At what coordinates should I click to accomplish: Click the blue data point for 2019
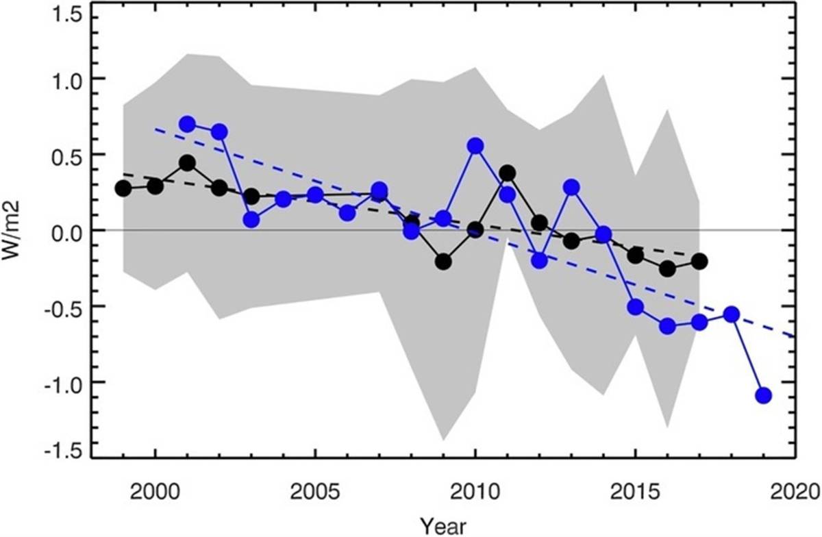coord(764,395)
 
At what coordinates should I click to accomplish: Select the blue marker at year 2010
coord(475,146)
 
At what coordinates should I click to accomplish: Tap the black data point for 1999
coord(123,188)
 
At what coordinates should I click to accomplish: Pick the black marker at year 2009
coord(443,261)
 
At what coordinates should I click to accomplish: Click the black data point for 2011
coord(508,173)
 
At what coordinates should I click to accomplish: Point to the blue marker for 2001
coord(188,124)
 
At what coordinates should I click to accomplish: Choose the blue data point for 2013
coord(571,188)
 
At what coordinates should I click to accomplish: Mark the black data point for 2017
coord(699,261)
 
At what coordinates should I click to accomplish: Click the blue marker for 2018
coord(732,314)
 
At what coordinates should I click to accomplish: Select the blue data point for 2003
coord(251,220)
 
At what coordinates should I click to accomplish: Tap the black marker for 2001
coord(188,163)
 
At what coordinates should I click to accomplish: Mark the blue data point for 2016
coord(667,326)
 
